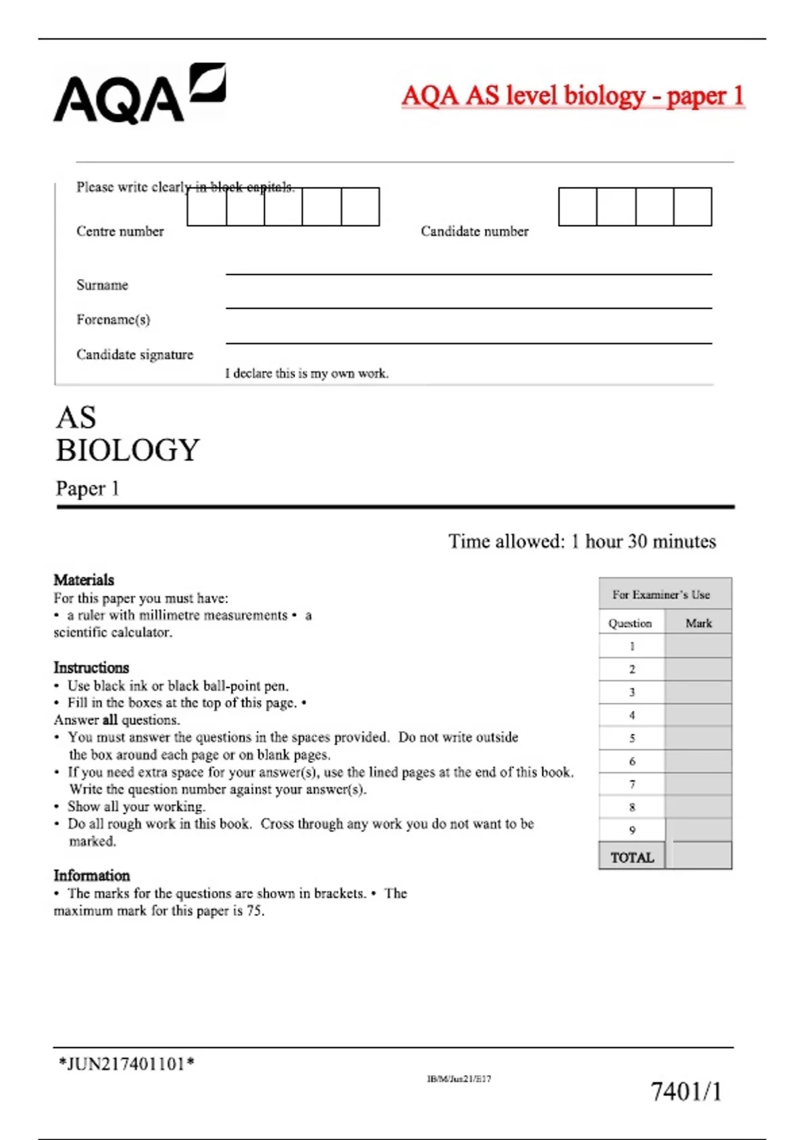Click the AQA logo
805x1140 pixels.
(x=139, y=95)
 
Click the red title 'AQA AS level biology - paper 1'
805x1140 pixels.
(x=572, y=96)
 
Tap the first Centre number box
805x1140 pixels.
(x=207, y=207)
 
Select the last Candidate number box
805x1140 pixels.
(x=692, y=207)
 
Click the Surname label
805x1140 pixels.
(x=102, y=285)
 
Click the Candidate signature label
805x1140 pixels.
(x=134, y=355)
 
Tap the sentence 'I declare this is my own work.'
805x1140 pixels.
(x=307, y=374)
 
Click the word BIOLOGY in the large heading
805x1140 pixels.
(x=127, y=450)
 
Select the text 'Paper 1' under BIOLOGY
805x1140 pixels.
(x=87, y=488)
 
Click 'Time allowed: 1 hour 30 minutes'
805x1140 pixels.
(x=582, y=541)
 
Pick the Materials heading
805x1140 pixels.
(x=84, y=580)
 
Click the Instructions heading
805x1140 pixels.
(x=91, y=668)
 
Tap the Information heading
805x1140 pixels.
(x=92, y=876)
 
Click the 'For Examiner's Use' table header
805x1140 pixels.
(x=661, y=595)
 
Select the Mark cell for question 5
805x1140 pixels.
(x=698, y=738)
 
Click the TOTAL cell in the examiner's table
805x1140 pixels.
(x=632, y=858)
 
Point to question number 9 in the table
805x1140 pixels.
(x=632, y=830)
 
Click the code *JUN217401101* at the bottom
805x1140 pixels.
(x=127, y=1064)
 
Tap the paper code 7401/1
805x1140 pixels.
(x=686, y=1092)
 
